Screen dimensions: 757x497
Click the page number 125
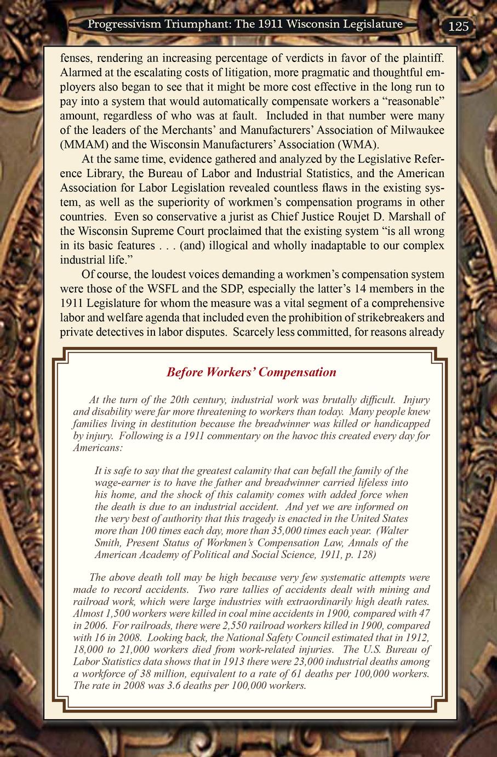coord(459,26)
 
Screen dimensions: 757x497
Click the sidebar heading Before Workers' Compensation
coord(251,372)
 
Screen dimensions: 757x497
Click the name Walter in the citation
coord(393,531)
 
